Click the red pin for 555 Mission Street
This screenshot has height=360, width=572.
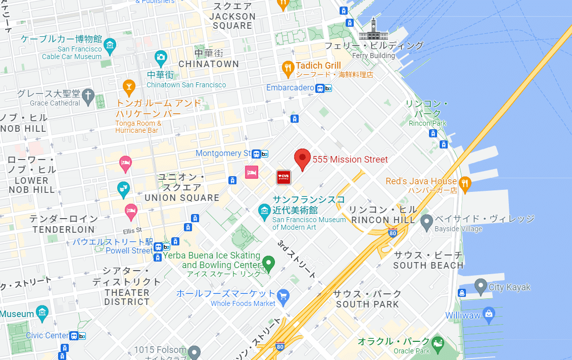(x=302, y=158)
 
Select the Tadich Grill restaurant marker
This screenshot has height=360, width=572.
(x=288, y=69)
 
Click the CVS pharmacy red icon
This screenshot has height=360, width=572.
(x=283, y=176)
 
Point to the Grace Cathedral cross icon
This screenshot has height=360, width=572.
(x=88, y=97)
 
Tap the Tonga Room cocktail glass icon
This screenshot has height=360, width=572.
(x=129, y=87)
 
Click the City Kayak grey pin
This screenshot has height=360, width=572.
(x=481, y=286)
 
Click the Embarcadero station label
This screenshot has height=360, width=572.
(x=290, y=88)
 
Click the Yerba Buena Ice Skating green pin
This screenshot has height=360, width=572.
(x=268, y=263)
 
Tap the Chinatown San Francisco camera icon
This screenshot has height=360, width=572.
(x=161, y=58)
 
